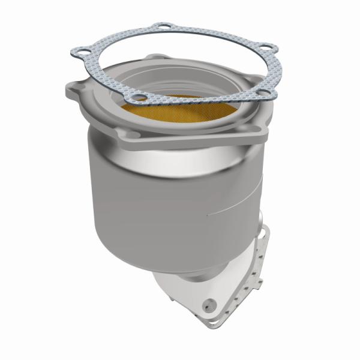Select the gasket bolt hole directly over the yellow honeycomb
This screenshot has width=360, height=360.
coord(137,98)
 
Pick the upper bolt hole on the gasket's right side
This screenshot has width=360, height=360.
coord(267,48)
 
